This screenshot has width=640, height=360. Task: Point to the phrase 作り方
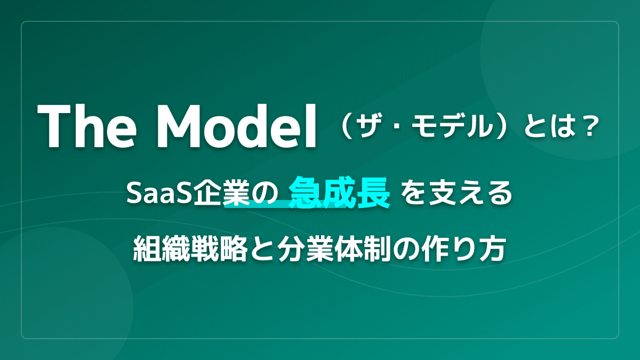(x=472, y=249)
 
